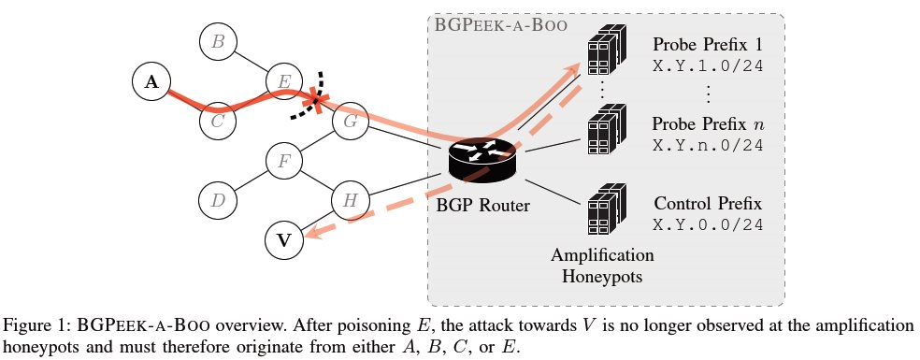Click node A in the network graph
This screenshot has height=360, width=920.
(151, 82)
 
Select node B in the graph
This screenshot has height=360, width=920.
(218, 41)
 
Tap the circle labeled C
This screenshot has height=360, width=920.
(217, 121)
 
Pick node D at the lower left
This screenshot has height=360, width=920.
(218, 200)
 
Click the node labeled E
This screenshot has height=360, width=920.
(284, 81)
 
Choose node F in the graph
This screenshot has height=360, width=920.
(284, 161)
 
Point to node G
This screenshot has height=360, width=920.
(351, 121)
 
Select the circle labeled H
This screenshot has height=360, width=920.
(351, 200)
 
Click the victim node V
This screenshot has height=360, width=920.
(284, 240)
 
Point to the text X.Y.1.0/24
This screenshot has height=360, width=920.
(709, 65)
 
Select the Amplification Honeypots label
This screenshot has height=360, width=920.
(602, 264)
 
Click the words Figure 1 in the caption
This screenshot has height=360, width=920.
(36, 325)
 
